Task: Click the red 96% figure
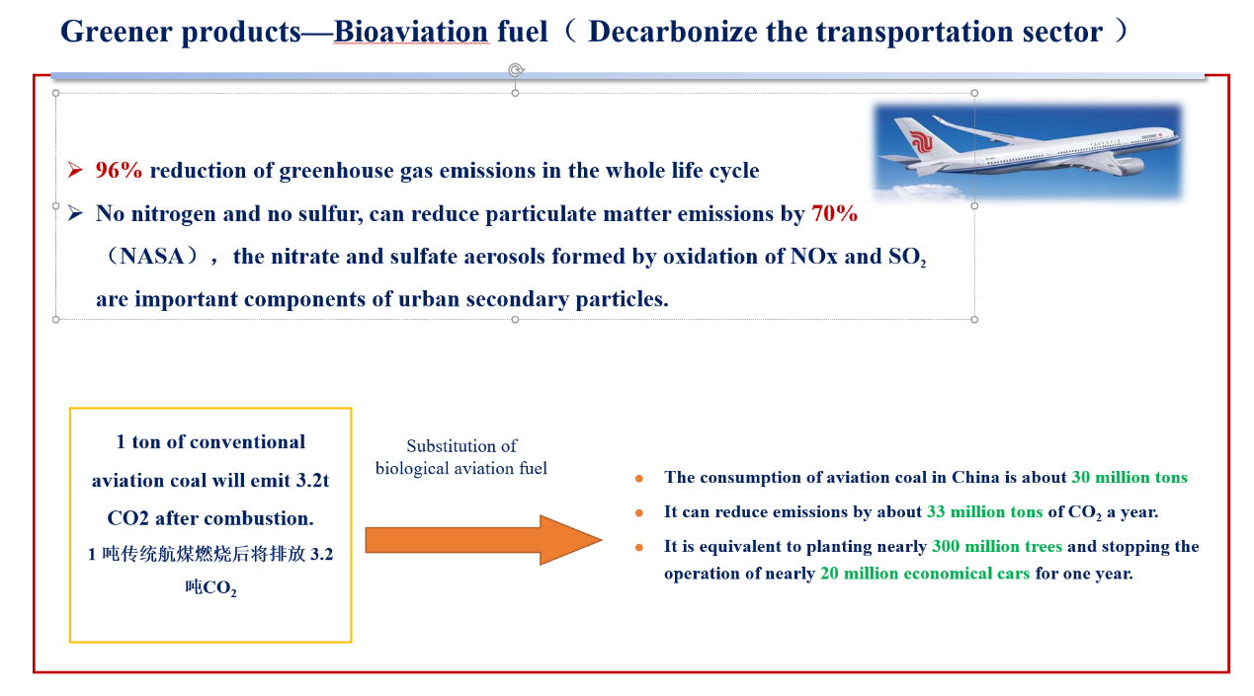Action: [119, 170]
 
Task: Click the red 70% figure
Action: [834, 213]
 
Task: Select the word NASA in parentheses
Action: [152, 257]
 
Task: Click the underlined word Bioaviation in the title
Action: [411, 32]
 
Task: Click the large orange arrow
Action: [483, 540]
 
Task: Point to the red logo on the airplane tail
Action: [920, 142]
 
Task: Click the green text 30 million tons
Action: [1129, 477]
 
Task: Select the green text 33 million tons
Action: [985, 512]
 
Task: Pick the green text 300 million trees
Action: [997, 546]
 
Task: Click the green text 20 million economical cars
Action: [925, 574]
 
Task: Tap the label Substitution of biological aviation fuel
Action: [461, 457]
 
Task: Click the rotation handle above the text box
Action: [516, 70]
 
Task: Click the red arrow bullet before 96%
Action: [75, 170]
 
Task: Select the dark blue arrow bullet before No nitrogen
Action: [75, 213]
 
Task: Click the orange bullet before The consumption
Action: [638, 479]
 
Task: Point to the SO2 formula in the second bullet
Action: [907, 257]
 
